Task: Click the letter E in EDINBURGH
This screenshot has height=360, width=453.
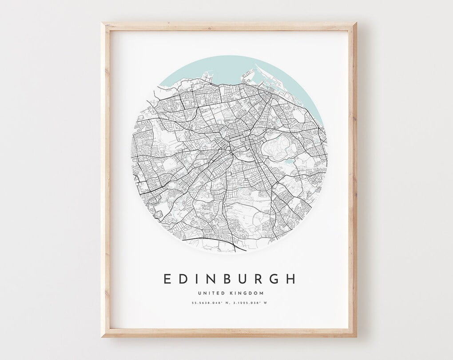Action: tap(167, 279)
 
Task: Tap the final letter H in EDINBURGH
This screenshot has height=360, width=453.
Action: tap(290, 279)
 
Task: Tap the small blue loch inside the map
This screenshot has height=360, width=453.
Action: tap(289, 162)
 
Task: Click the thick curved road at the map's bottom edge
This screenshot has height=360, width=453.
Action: tap(209, 240)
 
